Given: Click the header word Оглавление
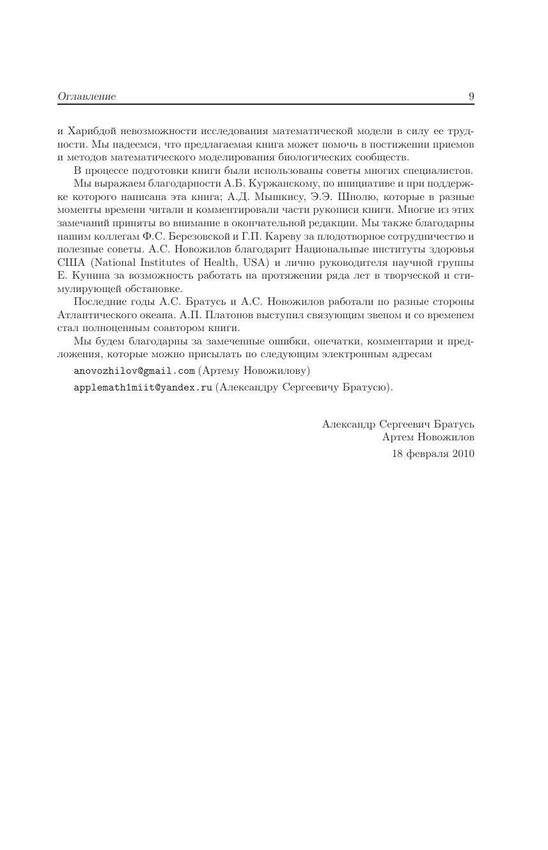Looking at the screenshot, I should [87, 97].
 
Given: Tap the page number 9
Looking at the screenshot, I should [471, 97].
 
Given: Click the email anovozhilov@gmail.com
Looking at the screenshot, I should [134, 371].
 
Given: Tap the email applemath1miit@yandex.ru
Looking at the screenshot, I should [143, 387].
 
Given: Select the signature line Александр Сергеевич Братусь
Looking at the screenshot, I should [398, 424].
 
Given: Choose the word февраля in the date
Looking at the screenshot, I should [427, 454].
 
